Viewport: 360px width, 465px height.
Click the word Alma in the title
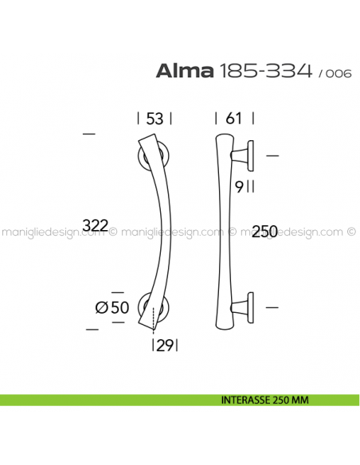pos(185,72)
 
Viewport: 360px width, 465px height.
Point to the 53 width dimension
pos(155,119)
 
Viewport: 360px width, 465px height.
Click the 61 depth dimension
pos(233,119)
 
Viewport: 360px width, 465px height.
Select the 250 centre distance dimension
pos(264,232)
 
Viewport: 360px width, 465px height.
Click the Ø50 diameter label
pos(112,307)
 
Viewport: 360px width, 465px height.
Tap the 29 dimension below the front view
pos(165,345)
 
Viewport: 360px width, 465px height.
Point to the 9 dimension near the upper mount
pos(238,186)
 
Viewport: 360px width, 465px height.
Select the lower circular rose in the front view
pos(155,307)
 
